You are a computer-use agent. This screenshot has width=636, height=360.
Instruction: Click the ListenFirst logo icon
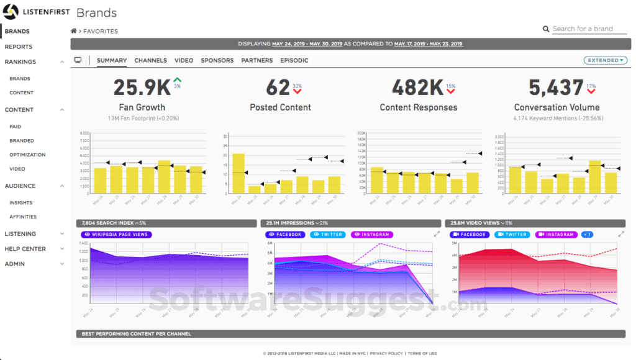pos(11,12)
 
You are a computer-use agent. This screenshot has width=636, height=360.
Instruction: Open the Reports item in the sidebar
pos(19,47)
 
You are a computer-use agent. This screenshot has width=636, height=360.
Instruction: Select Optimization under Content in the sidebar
pos(27,155)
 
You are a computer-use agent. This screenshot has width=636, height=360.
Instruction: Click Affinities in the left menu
pos(23,217)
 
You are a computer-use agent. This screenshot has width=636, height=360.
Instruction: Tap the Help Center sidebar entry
pos(25,249)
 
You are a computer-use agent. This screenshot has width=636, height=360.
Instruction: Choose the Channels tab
pos(150,60)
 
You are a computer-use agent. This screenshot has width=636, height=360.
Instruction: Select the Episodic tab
pos(294,60)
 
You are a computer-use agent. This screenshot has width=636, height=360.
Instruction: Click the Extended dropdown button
pos(605,60)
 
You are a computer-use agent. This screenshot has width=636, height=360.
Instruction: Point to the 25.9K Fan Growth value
pos(141,88)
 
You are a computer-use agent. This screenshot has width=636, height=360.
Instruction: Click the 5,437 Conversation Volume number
pos(556,88)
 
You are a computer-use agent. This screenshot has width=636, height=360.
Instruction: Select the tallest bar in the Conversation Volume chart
pos(595,177)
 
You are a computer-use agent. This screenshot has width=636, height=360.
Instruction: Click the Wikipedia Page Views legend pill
pos(116,235)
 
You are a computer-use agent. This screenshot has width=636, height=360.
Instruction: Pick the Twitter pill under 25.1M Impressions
pos(327,235)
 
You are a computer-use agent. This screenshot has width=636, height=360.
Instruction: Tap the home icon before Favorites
pos(74,31)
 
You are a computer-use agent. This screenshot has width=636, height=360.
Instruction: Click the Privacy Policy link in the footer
pos(386,353)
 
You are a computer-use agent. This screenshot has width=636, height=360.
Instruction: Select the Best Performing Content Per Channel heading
pos(137,334)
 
